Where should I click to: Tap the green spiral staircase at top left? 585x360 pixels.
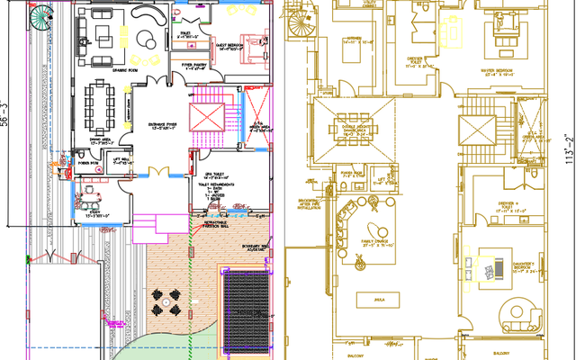coord(42,17)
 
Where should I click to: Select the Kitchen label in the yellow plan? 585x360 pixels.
coord(355,40)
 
